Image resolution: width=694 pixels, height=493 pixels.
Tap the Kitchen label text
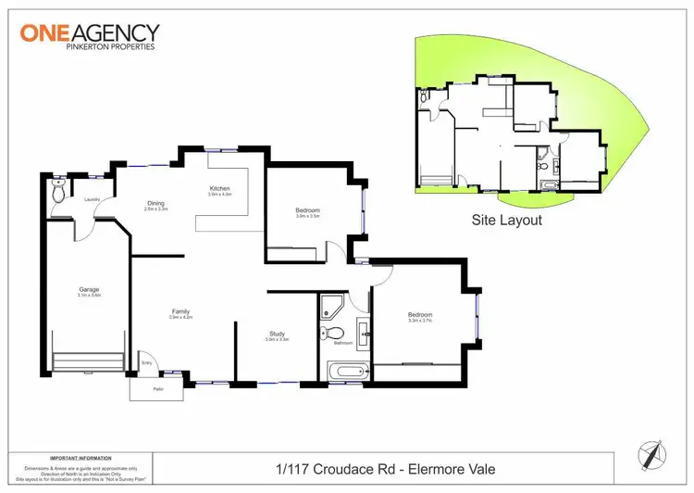coord(218,189)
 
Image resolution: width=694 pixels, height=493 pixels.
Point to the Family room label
coord(180,311)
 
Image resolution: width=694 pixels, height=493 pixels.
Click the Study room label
coord(277,334)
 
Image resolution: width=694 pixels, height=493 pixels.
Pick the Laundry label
coord(92,199)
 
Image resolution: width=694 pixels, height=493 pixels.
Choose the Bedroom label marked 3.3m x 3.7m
coord(420,315)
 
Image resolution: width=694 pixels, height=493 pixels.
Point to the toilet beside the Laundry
coord(58,194)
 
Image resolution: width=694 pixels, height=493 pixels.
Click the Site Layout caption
coord(506,221)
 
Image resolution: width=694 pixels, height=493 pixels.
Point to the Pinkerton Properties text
coord(87,46)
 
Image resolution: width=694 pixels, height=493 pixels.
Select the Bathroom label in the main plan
coord(342,343)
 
